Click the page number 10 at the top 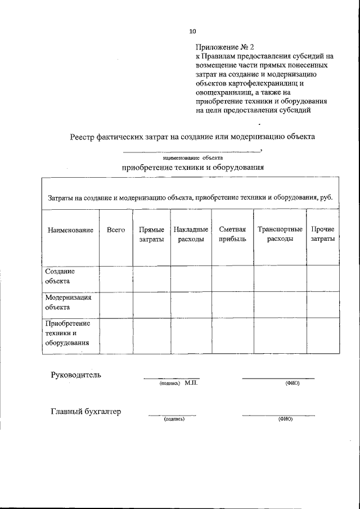coord(193,31)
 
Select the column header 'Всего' coord(115,230)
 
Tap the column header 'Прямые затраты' coord(151,235)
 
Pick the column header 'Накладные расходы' coord(191,235)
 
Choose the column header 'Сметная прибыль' coord(232,235)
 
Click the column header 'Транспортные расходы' coord(280,235)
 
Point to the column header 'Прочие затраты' coord(322,235)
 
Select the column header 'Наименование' coord(70,231)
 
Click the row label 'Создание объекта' coord(60,276)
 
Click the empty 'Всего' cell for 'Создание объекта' coord(115,278)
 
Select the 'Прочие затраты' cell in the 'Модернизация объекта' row coord(322,304)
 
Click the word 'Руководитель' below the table coord(76,375)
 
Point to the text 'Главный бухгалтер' coord(86,412)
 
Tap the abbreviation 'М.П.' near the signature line coord(191,383)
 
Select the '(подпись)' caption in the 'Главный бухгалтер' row coord(174,420)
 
